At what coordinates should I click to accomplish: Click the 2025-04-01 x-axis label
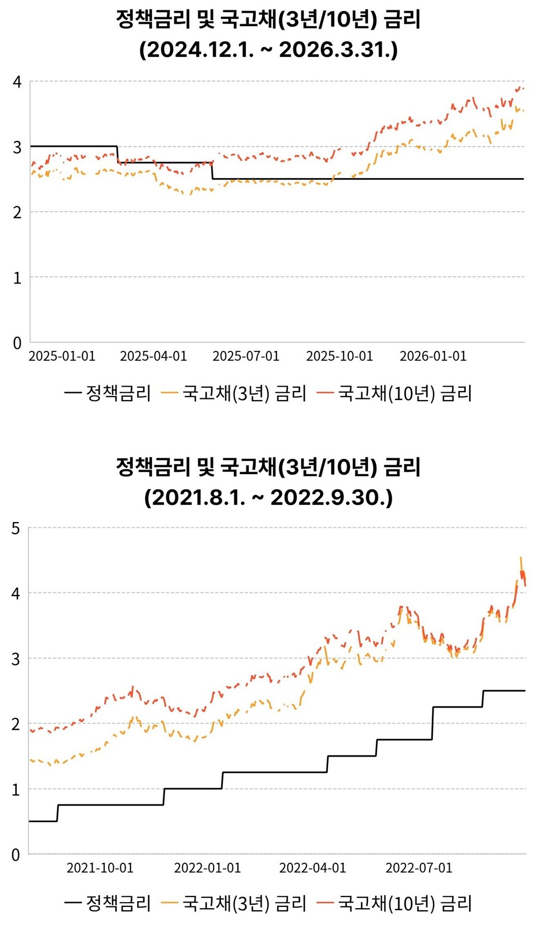(x=153, y=356)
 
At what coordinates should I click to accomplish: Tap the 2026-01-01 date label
(x=433, y=356)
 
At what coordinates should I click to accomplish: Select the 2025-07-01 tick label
(x=246, y=356)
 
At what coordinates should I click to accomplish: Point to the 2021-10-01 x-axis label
(x=100, y=868)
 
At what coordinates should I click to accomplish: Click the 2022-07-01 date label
(x=419, y=868)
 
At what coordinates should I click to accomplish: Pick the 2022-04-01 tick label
(x=313, y=868)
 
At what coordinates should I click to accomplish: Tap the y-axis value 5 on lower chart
(x=16, y=528)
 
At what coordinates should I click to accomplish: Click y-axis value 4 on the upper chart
(x=17, y=82)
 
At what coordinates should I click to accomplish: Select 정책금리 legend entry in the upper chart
(x=108, y=393)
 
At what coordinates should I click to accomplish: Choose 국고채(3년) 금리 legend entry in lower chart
(x=234, y=903)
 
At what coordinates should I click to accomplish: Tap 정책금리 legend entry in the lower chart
(x=108, y=903)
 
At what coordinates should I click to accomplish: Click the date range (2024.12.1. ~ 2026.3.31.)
(x=268, y=50)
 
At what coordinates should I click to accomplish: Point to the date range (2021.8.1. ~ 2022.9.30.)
(x=268, y=497)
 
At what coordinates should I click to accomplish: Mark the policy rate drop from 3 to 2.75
(x=118, y=155)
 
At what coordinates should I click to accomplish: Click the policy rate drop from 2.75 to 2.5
(x=212, y=171)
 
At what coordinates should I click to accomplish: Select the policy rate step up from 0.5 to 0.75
(x=57, y=813)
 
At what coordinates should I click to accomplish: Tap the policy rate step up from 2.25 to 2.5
(x=483, y=699)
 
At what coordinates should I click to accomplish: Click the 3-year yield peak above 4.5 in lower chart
(x=521, y=558)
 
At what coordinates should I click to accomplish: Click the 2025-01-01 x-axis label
(x=62, y=356)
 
